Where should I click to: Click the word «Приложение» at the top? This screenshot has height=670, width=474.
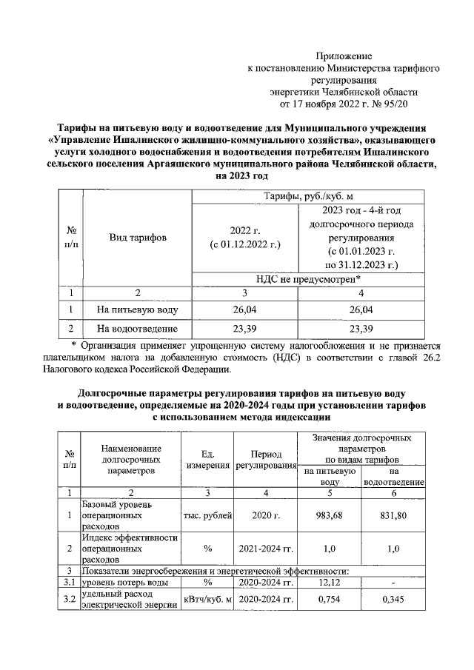tap(344, 56)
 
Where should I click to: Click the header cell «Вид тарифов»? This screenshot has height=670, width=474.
tap(138, 238)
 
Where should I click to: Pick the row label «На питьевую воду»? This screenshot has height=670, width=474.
tap(137, 309)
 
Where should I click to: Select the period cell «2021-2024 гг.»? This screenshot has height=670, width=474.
tap(265, 549)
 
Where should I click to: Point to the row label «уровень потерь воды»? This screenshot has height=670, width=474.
tap(126, 583)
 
